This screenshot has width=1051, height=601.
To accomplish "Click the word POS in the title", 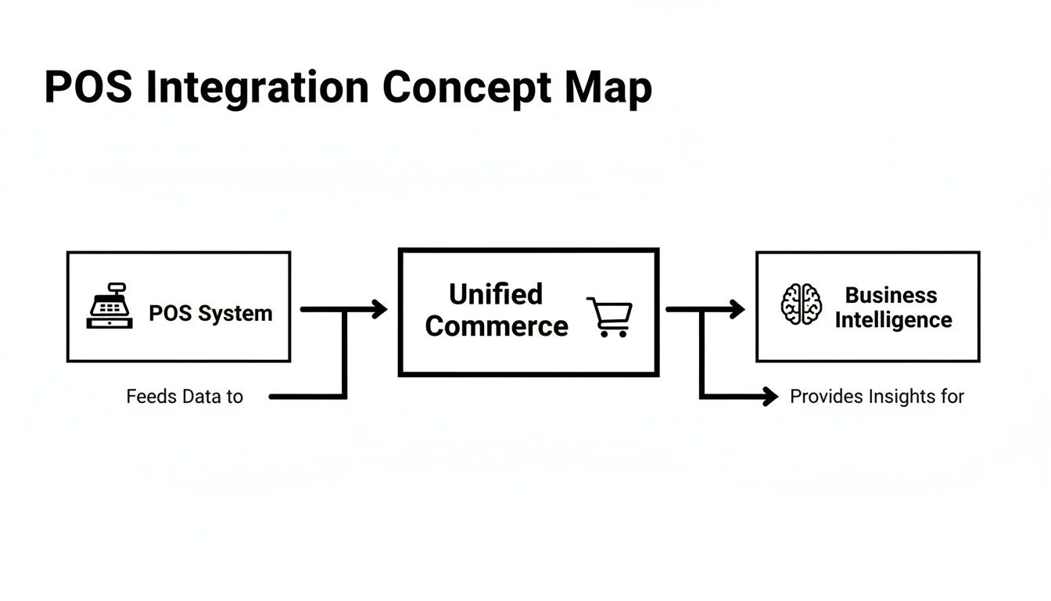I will tap(88, 87).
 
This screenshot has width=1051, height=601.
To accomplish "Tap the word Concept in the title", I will tap(466, 88).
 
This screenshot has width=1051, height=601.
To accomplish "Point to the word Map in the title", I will tap(608, 88).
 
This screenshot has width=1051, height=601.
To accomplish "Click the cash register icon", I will tap(109, 306).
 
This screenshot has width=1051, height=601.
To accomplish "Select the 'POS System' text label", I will tap(210, 314).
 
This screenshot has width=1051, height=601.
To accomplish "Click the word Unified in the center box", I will tap(496, 294).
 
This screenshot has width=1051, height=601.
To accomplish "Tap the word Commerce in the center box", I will tap(497, 326).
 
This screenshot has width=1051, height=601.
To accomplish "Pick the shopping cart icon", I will tap(609, 316).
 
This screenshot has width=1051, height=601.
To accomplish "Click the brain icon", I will tap(802, 304).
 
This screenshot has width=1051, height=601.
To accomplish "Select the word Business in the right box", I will tap(891, 295).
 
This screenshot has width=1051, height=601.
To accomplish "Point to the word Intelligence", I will tap(893, 320).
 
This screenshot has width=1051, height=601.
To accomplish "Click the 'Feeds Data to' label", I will tap(185, 397).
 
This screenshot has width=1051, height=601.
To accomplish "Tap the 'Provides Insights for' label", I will tap(877, 397).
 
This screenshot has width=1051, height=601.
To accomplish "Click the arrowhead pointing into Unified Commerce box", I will tap(379, 309).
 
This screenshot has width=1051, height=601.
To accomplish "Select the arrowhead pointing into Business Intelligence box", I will tap(737, 309).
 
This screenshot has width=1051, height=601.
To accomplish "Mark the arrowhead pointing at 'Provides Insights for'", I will tap(770, 397).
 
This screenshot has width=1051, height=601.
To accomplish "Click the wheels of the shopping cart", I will tap(612, 333).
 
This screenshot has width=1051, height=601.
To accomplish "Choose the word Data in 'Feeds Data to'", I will tap(202, 397).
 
